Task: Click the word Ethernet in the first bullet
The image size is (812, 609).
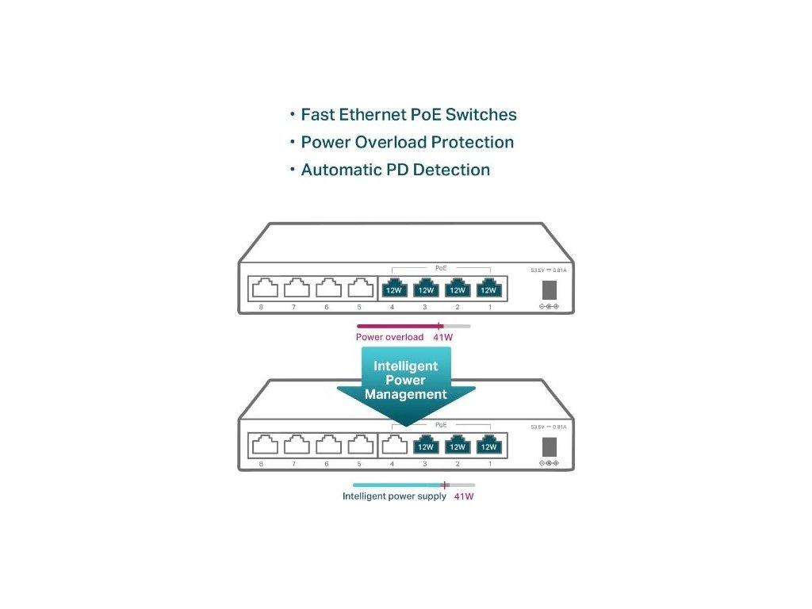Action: click(373, 115)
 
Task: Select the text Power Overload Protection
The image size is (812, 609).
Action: click(407, 143)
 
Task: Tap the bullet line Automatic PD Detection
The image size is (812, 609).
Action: click(395, 170)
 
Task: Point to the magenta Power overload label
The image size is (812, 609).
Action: click(389, 337)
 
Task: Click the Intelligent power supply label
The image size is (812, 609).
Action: click(394, 496)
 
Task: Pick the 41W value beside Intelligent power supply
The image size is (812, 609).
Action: click(464, 496)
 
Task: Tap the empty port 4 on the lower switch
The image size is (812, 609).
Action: click(394, 446)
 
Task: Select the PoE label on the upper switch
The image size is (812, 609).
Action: click(441, 268)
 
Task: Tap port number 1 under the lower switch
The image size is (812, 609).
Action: click(489, 464)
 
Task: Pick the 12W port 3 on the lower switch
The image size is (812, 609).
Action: click(425, 446)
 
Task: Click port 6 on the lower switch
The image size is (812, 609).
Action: click(327, 446)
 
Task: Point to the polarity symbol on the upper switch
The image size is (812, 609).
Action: click(549, 306)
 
